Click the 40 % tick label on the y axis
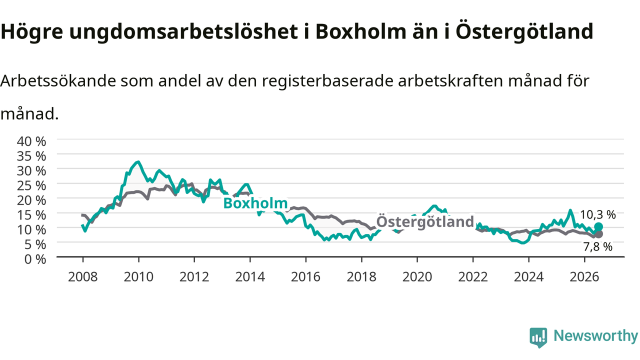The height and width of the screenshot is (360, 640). (31, 141)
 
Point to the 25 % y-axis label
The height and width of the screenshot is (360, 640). (31, 185)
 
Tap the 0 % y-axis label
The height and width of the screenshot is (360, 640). (35, 259)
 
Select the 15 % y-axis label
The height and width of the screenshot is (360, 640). (31, 215)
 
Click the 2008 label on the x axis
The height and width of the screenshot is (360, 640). (83, 277)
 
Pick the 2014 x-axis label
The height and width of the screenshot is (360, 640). (250, 277)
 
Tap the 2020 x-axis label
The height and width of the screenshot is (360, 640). (417, 277)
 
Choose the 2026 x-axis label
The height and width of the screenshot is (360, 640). (584, 277)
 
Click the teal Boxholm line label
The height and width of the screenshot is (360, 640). (255, 203)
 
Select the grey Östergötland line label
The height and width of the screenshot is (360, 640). (425, 221)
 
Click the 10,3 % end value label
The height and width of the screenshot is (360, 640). (597, 214)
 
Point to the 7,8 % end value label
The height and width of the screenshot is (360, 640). (597, 246)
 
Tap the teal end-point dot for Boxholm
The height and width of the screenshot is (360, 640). (598, 227)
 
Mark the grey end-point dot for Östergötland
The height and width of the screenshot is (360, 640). (598, 234)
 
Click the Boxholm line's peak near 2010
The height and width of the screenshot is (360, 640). (138, 162)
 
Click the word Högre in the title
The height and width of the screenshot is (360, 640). (31, 31)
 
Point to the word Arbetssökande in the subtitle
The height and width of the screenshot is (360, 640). (58, 80)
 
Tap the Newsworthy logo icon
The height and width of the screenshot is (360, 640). (538, 337)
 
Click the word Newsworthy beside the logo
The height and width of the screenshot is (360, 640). (595, 336)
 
